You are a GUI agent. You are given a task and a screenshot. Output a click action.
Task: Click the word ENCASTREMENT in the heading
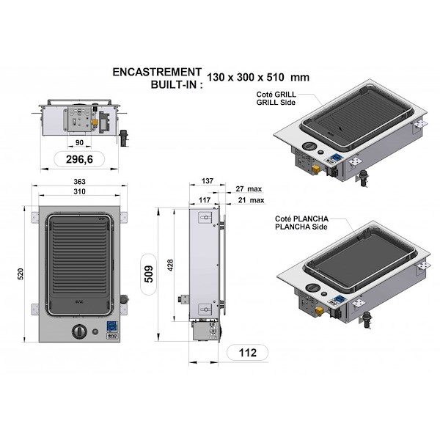[156, 72]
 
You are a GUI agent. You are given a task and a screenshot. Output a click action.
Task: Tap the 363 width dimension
[79, 181]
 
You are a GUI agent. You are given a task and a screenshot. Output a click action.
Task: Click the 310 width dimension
[79, 191]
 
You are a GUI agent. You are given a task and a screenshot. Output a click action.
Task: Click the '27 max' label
[250, 188]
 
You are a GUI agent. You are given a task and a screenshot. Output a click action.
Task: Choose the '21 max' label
[250, 199]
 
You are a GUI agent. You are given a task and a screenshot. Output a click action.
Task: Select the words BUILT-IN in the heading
[174, 84]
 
